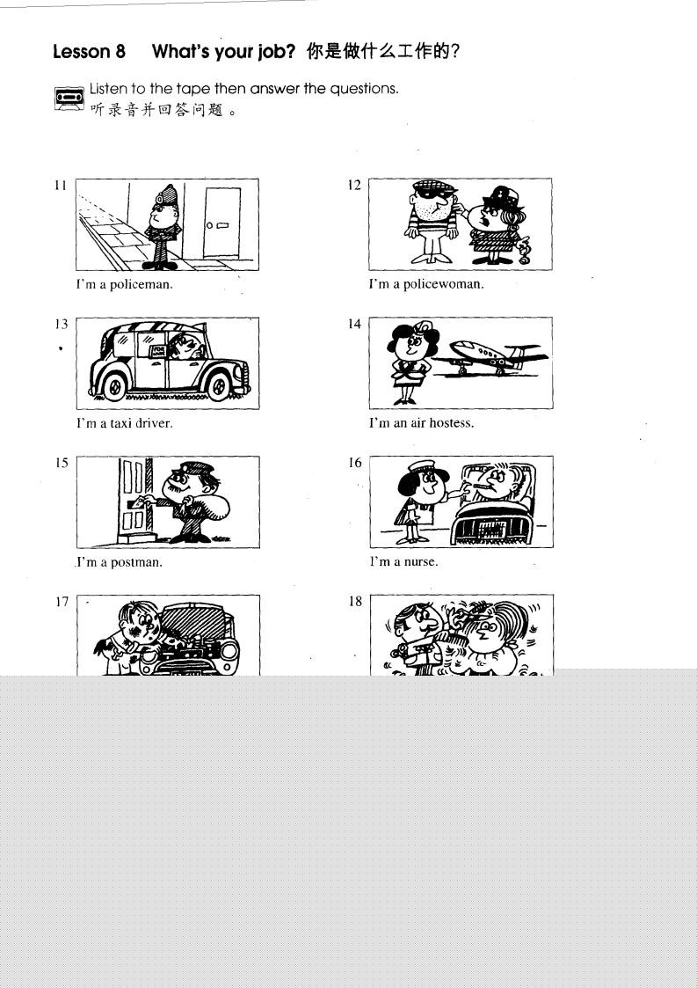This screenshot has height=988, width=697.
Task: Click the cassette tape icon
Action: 69,99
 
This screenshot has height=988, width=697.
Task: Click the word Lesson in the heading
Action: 81,51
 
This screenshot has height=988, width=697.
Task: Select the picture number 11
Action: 60,185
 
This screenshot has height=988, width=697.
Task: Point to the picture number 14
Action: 354,324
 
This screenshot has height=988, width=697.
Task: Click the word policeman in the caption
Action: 141,284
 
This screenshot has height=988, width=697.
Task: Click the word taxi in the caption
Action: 121,423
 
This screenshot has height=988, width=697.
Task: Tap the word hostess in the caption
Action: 452,423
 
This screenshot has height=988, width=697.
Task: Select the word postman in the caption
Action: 136,562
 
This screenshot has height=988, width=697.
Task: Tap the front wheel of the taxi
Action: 219,385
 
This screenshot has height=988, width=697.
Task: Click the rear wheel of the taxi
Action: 114,385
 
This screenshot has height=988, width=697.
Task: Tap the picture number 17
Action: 61,602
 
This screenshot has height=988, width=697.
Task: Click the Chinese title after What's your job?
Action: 383,51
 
